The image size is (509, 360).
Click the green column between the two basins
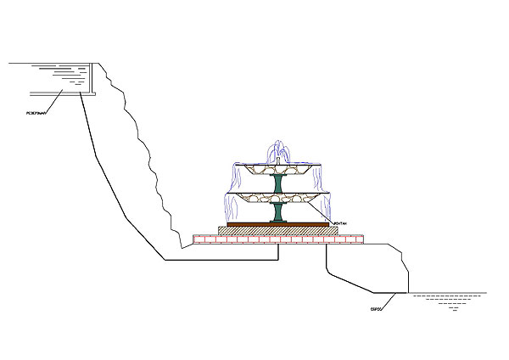click(x=277, y=184)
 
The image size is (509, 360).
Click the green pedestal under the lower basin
click(x=277, y=212)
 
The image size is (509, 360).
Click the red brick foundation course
click(x=278, y=239)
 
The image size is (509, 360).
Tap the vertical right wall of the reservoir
click(x=92, y=78)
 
